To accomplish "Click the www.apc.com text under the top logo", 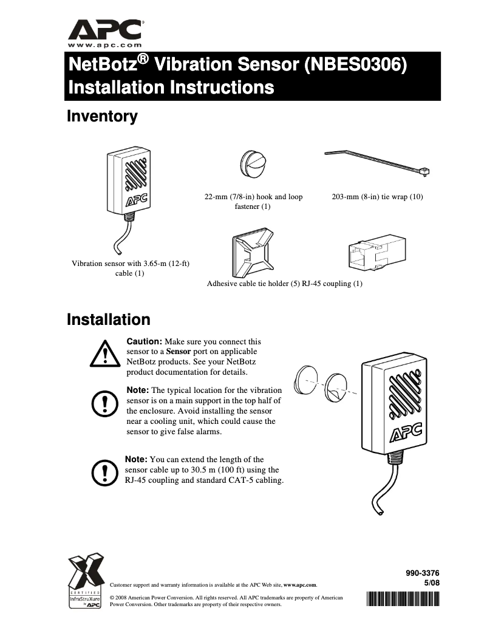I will tap(104, 45).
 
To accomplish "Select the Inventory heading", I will tap(102, 117).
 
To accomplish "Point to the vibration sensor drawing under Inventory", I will tap(128, 188).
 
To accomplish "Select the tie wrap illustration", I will tap(376, 165).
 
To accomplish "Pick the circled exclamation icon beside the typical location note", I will tap(106, 403).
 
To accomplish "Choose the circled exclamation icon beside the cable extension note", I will tap(106, 469).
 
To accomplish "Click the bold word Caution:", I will tap(144, 342).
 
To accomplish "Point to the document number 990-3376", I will tap(422, 572).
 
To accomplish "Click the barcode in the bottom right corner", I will tap(403, 599).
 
